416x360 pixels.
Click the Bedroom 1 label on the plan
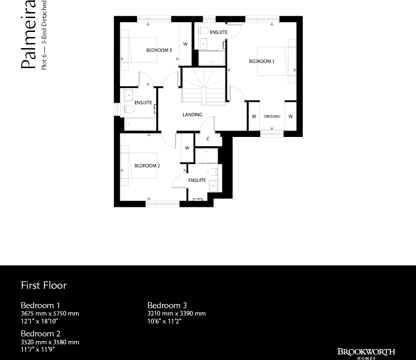coord(262,61)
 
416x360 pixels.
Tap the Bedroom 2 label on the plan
coord(147,166)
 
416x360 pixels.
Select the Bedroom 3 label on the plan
coord(159,50)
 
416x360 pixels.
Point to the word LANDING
coord(192,114)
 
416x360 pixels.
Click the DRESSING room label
coord(272,116)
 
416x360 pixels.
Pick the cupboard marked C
coord(208,138)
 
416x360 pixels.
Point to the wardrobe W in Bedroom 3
coord(185,44)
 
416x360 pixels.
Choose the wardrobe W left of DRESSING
coord(254,116)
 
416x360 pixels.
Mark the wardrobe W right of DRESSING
coord(290,116)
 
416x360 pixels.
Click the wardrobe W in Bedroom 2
coord(187,148)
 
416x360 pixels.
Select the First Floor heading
coord(44,285)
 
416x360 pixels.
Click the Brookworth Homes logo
coord(366,353)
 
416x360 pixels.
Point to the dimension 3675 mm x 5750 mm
coord(50,313)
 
